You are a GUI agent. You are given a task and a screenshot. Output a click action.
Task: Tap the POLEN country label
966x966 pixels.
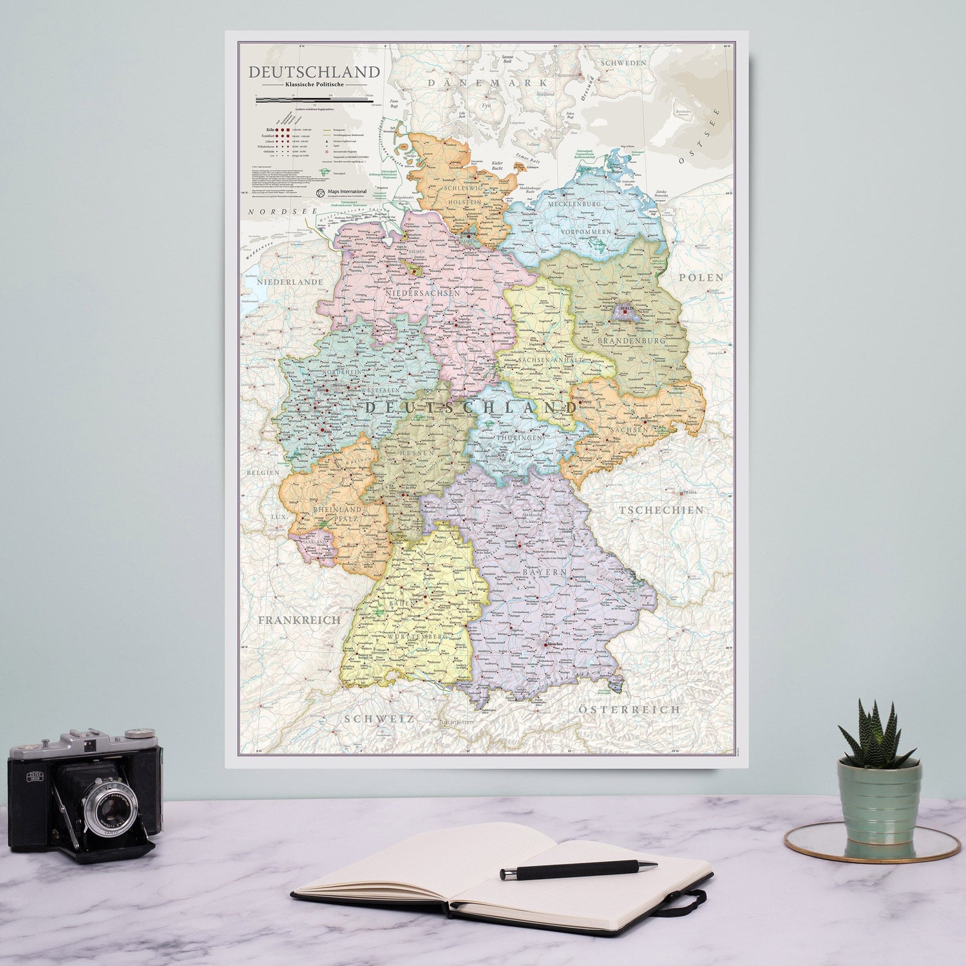coord(701,278)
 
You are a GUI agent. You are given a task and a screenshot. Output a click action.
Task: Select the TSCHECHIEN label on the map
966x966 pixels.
coord(661,510)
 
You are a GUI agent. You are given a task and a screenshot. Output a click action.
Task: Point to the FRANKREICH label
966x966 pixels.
coord(299,620)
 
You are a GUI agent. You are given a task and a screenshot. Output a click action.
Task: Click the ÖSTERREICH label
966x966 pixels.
coord(629,709)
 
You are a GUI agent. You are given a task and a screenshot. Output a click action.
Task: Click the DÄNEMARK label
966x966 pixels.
coord(488,82)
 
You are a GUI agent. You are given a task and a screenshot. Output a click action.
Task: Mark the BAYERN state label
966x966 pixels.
coord(545,572)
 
